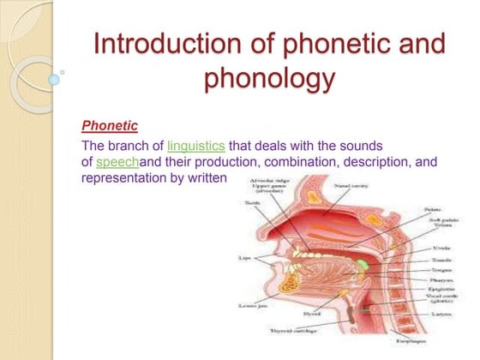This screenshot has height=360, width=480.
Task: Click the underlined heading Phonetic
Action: pos(110,126)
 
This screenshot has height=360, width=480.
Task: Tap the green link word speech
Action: pos(116,161)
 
